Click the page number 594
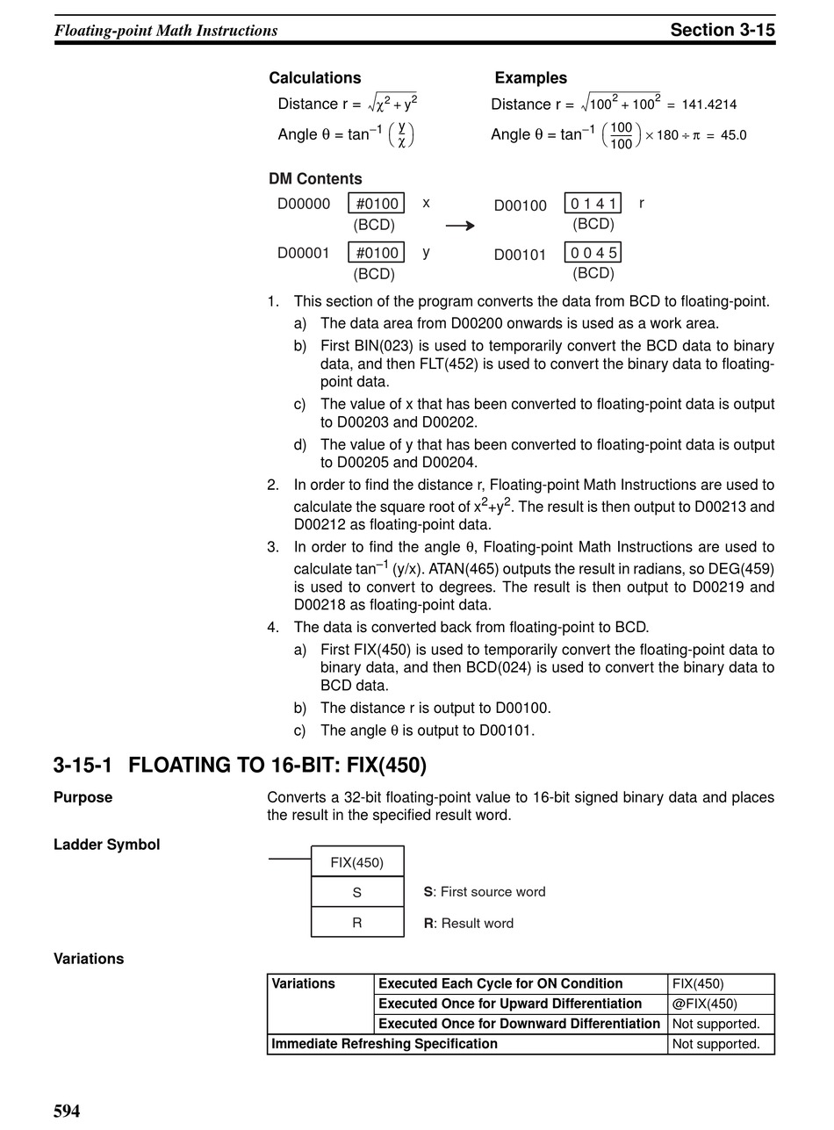point(67,1112)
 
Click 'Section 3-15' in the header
point(722,30)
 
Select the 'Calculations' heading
point(314,78)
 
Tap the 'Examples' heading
point(530,78)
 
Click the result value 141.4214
point(708,104)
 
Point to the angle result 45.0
point(733,135)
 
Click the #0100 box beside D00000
point(377,204)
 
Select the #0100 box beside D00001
point(377,253)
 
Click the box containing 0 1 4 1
point(593,204)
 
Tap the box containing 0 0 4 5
point(593,253)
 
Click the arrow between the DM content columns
point(460,227)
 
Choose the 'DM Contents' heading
point(315,179)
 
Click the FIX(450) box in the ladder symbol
point(357,862)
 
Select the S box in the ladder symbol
point(357,892)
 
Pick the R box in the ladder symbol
point(357,923)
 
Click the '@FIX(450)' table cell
point(704,1004)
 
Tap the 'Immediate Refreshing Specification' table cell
point(385,1044)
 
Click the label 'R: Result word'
point(468,923)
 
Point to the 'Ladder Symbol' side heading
point(106,845)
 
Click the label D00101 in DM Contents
point(520,256)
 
